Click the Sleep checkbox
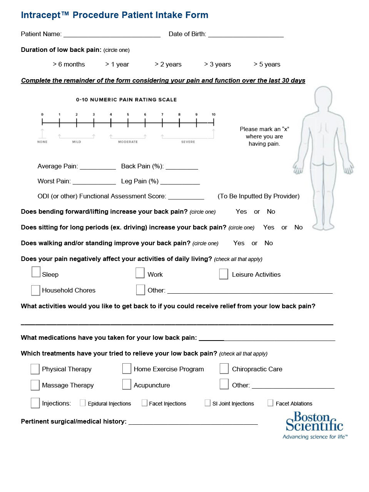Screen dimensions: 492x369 point(36,272)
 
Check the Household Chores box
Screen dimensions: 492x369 point(35,290)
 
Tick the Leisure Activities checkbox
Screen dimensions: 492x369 point(224,274)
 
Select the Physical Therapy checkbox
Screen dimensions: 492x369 point(35,369)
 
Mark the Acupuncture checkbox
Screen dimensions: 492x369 point(127,384)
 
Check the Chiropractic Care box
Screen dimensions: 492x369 point(224,369)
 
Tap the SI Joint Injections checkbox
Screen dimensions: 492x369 point(207,403)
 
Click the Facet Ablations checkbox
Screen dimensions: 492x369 point(270,403)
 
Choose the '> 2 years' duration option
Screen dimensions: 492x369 point(168,64)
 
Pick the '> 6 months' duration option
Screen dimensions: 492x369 point(69,64)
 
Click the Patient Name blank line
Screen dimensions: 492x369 point(112,34)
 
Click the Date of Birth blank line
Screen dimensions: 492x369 point(245,34)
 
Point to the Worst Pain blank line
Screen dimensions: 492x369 point(94,181)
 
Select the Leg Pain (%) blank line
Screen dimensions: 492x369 point(180,181)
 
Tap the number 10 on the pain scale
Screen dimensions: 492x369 point(214,114)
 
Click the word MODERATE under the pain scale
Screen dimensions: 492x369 point(128,142)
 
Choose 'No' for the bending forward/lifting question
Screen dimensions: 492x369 point(271,212)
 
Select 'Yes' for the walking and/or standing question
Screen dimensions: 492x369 point(239,243)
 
